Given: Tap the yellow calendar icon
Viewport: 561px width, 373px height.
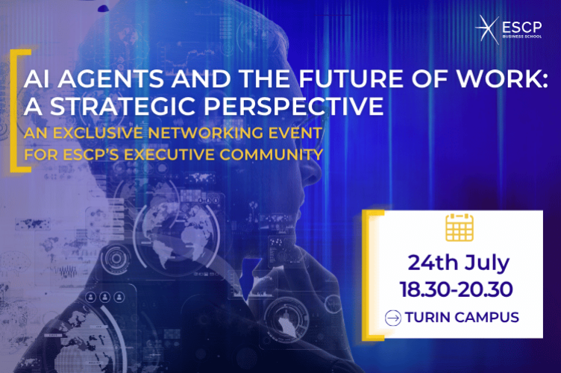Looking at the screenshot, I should coord(460,228).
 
